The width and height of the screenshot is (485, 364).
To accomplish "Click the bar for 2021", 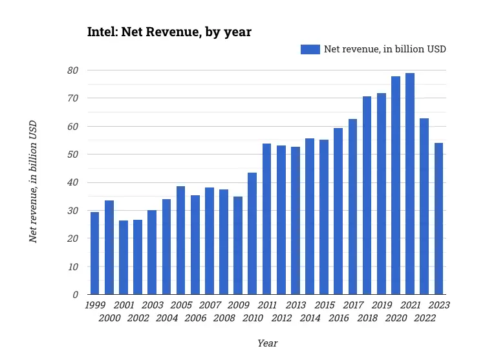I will coord(410,184).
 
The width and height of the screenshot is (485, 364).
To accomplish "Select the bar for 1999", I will coord(95,253).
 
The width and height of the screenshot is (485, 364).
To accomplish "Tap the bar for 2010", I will coord(252,233).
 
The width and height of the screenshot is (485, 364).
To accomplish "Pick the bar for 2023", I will coord(438,219).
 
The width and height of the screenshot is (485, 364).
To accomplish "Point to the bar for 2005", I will coord(181,241).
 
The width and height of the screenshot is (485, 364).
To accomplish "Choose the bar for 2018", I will coord(367,195).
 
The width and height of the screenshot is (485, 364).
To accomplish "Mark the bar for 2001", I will coord(124,257).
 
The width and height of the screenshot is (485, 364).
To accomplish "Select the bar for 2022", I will coord(424,206).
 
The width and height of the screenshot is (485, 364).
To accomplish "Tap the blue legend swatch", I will coord(310,49).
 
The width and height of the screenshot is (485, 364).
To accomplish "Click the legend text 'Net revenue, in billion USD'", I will coord(385,49).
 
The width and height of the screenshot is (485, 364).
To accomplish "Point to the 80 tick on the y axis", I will coord(73,70).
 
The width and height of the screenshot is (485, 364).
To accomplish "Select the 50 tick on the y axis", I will coord(73,155).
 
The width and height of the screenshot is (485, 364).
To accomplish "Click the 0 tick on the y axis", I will coord(76,295).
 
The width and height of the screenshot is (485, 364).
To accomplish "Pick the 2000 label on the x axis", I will coord(109,318).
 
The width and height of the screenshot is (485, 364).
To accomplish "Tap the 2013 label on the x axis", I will coord(296,305).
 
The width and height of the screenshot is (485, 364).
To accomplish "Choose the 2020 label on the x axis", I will coord(396,318).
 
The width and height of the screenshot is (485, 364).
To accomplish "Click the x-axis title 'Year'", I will coord(267,343).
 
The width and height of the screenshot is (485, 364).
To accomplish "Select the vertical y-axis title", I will coord(33,182).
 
